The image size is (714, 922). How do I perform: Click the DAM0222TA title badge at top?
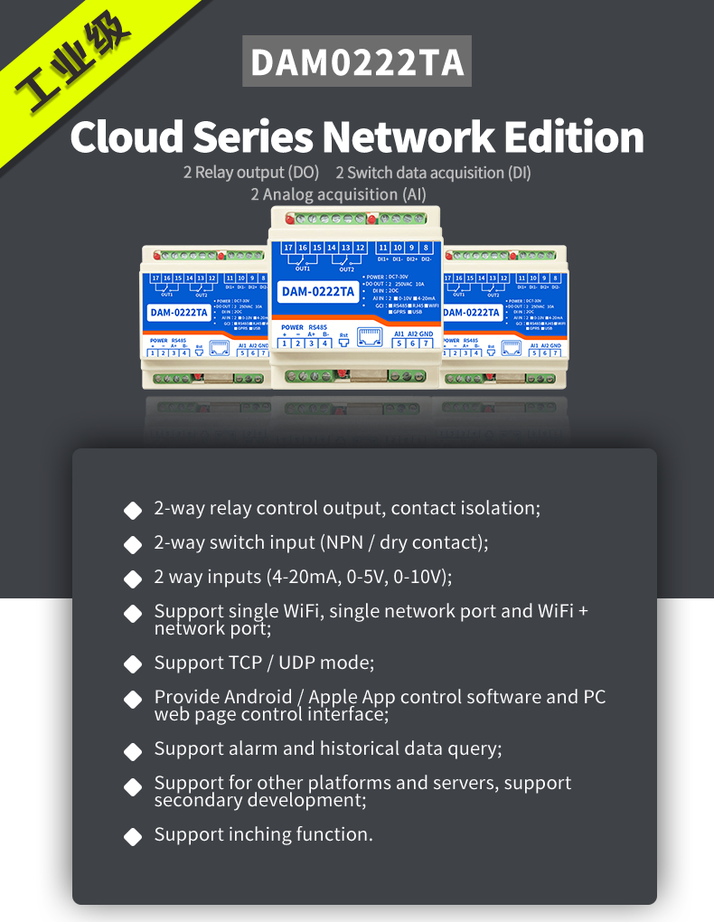356,62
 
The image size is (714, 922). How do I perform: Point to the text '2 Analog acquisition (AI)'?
338,194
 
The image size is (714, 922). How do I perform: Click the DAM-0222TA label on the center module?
317,291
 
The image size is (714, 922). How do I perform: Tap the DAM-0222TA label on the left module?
179,314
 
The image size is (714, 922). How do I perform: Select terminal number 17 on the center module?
288,248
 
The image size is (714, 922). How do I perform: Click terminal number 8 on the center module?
426,248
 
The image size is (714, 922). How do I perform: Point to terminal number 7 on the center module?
427,343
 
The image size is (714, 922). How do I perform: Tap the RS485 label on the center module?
317,327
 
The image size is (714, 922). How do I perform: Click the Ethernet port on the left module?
217,347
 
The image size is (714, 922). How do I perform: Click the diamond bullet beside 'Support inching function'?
133,836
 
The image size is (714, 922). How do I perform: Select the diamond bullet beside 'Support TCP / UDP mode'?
133,664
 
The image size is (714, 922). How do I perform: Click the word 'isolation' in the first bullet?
503,508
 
